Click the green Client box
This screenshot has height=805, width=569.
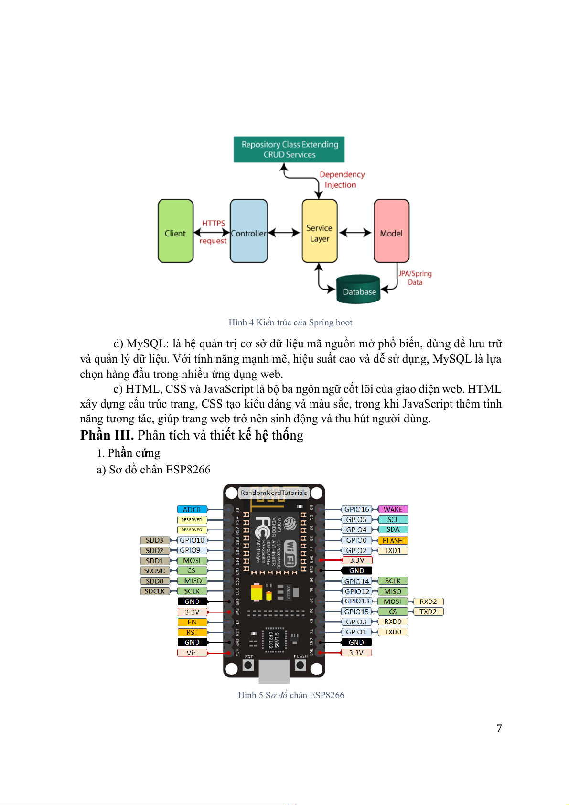pyautogui.click(x=175, y=231)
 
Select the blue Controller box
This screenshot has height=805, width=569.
pyautogui.click(x=248, y=231)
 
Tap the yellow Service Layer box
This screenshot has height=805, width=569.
pyautogui.click(x=320, y=231)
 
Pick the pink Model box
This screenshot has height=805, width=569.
pyautogui.click(x=391, y=231)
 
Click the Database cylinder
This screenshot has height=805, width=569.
pyautogui.click(x=358, y=290)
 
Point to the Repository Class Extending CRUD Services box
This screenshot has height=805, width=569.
pyautogui.click(x=289, y=150)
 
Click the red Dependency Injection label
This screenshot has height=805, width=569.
pyautogui.click(x=342, y=180)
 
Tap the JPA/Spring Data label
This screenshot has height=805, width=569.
pyautogui.click(x=415, y=278)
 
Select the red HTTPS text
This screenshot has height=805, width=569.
pyautogui.click(x=214, y=223)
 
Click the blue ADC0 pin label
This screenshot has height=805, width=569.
pyautogui.click(x=192, y=509)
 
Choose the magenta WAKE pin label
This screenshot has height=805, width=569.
pyautogui.click(x=393, y=509)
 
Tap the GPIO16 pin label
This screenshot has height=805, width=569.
pyautogui.click(x=356, y=509)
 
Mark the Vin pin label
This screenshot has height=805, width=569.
pyautogui.click(x=192, y=653)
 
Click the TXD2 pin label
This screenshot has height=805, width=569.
pyautogui.click(x=428, y=612)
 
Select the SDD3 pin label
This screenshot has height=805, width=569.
pyautogui.click(x=155, y=540)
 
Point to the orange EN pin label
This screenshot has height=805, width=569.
pyautogui.click(x=192, y=622)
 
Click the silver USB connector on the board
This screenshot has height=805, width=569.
pyautogui.click(x=274, y=671)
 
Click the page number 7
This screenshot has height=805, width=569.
pyautogui.click(x=499, y=728)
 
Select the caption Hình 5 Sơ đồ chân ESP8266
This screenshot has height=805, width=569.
pyautogui.click(x=291, y=695)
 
